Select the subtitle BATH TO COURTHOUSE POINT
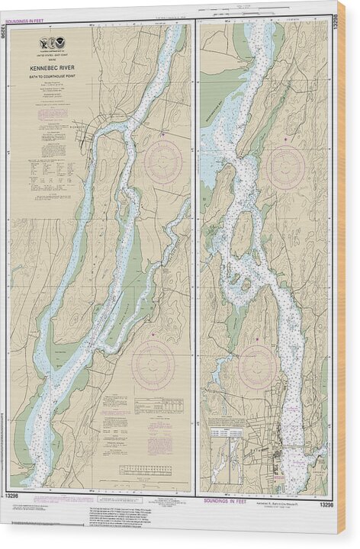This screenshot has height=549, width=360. tap(55, 77)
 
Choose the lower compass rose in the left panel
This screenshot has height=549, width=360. tap(153, 364)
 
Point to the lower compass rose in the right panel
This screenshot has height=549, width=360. tap(257, 367)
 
